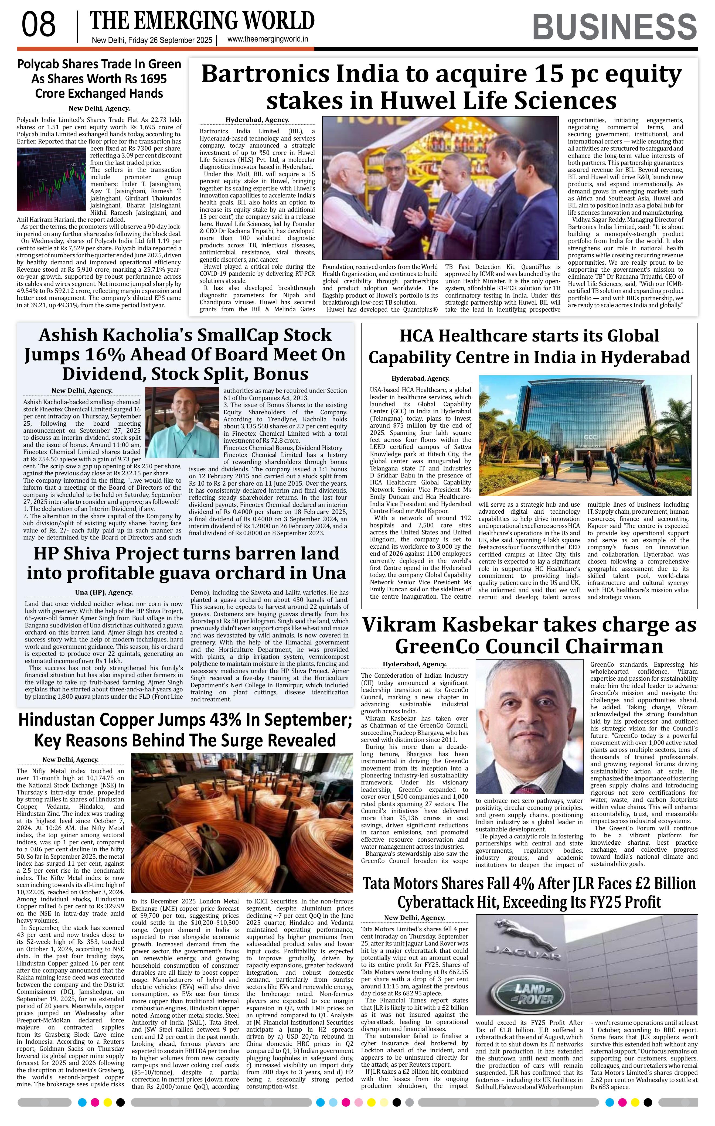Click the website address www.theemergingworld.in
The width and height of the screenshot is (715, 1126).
pyautogui.click(x=267, y=40)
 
